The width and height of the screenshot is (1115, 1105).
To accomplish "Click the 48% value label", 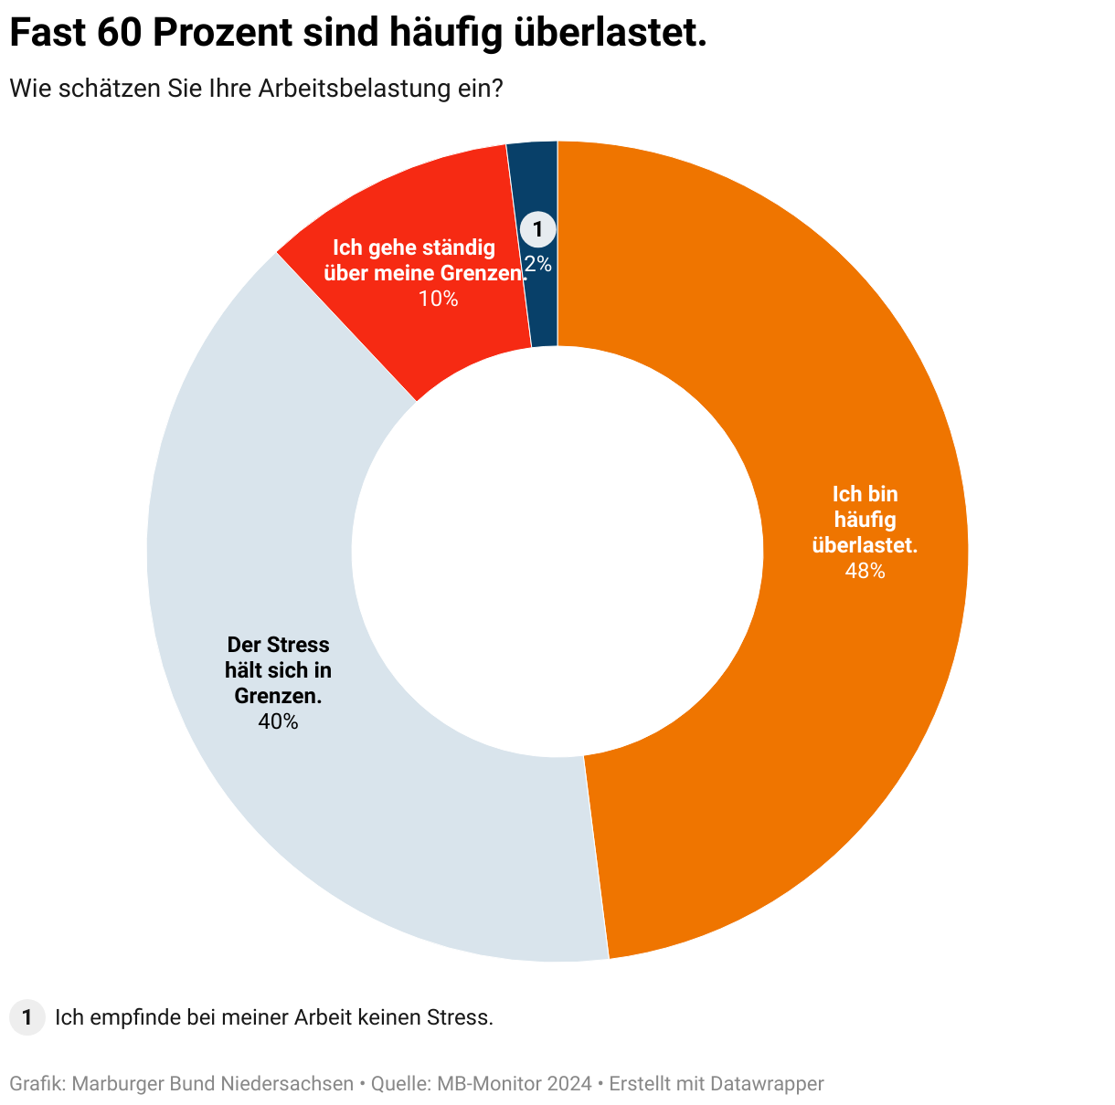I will (x=865, y=571).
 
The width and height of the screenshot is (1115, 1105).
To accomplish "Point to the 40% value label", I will (x=278, y=721).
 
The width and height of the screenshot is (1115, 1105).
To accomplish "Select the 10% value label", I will (x=438, y=299).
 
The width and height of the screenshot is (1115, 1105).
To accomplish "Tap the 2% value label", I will (x=538, y=264).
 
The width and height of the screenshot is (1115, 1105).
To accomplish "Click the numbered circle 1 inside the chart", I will (x=537, y=229).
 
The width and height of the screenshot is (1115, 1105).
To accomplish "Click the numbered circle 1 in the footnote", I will (x=27, y=1017).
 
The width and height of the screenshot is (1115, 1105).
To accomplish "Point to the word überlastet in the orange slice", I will (x=865, y=545).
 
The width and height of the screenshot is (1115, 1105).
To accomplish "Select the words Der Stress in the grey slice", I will (x=278, y=645).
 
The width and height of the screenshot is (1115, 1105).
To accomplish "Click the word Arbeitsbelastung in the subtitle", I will (x=355, y=89).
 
